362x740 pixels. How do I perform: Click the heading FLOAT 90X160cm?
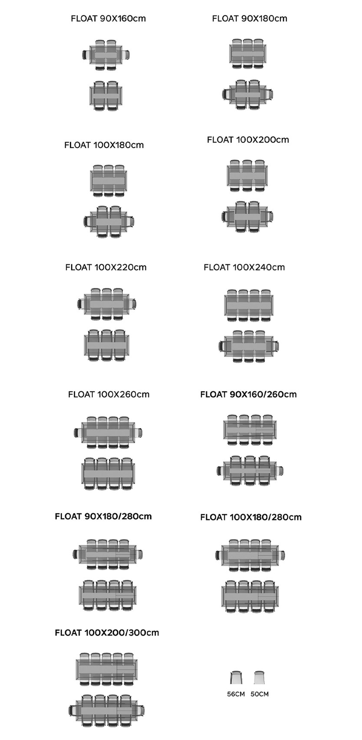coord(108,19)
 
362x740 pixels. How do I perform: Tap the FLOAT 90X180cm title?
coord(250,19)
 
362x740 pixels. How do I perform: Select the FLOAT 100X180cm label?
coord(104,145)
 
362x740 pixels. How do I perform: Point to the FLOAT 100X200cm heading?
coord(248,140)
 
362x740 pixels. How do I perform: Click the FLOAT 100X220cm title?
coord(106,267)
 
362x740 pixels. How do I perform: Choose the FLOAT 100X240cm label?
coord(244,267)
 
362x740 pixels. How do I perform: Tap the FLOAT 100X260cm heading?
coord(109,394)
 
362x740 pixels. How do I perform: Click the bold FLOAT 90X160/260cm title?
coord(248,394)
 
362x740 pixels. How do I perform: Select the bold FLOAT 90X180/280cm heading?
coord(103,516)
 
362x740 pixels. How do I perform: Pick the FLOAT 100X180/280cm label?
coord(251,517)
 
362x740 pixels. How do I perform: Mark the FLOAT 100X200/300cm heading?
coord(107,632)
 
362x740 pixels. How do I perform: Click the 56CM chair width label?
coord(236,694)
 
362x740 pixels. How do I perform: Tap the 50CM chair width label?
coord(260,694)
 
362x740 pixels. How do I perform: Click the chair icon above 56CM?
coord(236,677)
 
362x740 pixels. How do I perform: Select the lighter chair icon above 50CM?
coord(260,677)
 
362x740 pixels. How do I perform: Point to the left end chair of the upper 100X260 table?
coord(78,432)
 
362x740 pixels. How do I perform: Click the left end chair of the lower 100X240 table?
coord(222,347)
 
